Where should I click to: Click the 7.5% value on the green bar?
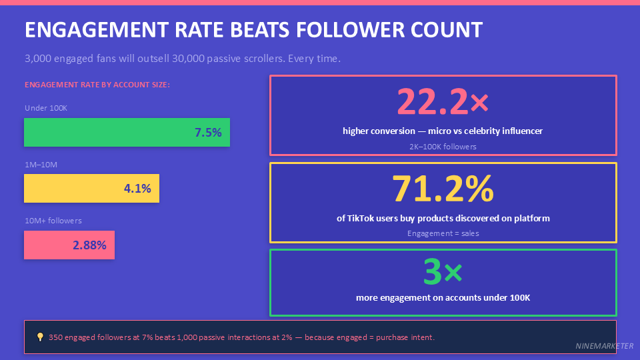pos(208,133)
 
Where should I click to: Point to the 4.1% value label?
pos(137,189)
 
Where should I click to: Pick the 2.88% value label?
pos(89,245)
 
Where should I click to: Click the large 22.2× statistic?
pos(443,102)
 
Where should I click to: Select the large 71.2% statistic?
pos(443,189)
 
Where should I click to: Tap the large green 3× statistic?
pos(443,272)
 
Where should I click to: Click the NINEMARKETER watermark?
pos(605,346)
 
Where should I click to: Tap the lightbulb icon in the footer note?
pos(40,337)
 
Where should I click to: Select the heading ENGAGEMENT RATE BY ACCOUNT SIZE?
pos(97,85)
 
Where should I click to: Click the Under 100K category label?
pos(46,108)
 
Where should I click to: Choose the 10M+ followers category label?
pos(53,221)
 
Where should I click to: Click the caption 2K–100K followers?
pos(443,146)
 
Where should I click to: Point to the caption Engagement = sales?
pos(443,233)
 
